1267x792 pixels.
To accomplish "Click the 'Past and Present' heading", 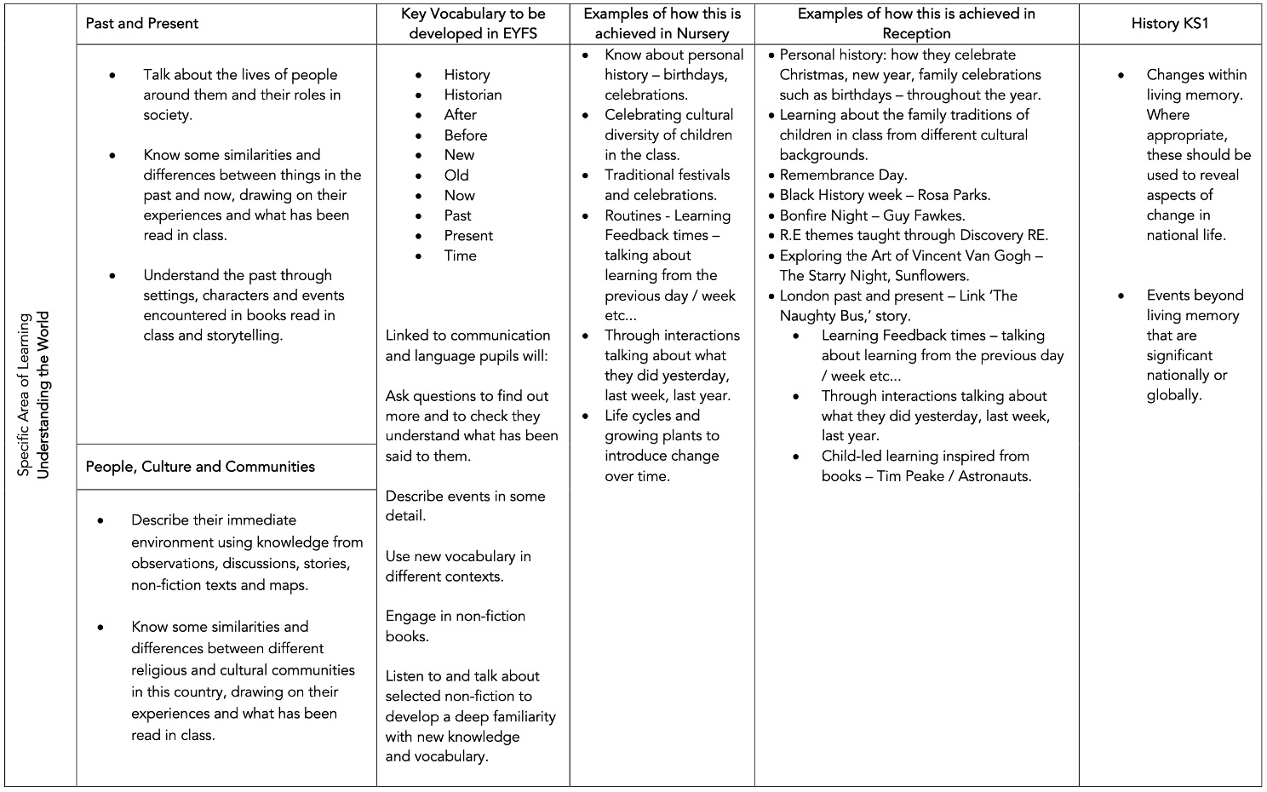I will click(141, 24).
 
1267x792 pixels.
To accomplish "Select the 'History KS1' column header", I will click(1169, 24).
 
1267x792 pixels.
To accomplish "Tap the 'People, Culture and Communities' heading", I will click(200, 467).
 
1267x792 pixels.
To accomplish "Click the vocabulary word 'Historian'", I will click(473, 95).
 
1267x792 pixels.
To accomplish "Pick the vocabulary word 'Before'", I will click(465, 135).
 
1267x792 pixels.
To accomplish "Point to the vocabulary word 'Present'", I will click(468, 235).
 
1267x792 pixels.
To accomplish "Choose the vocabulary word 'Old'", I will click(456, 175).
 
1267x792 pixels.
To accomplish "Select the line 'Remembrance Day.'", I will click(843, 175).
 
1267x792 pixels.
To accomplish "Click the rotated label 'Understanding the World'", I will click(43, 395).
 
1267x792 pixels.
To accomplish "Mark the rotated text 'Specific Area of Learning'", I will click(24, 395).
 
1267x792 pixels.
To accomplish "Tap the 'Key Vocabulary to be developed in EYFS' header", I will click(473, 24).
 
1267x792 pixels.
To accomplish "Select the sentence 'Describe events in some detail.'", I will click(465, 506).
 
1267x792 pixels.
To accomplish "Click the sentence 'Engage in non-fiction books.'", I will click(455, 626).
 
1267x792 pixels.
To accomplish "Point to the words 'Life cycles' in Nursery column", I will click(641, 416).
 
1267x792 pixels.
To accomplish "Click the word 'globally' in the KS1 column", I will click(1172, 395).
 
